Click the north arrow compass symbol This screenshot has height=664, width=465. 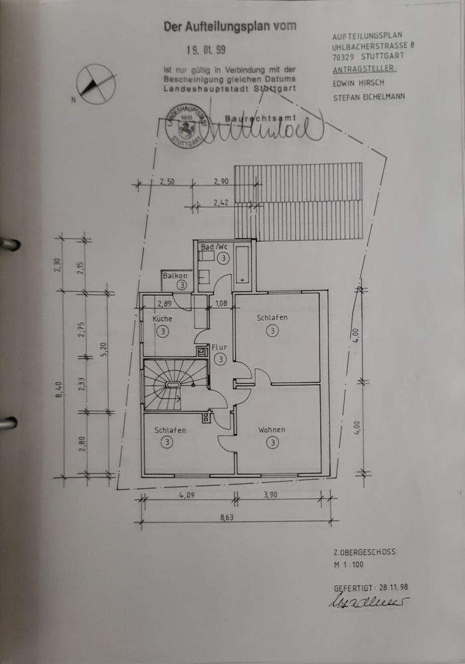coord(95,84)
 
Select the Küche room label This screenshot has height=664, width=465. coord(162,319)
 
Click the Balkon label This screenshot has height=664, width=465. coord(176,275)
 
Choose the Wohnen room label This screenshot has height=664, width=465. coord(272,430)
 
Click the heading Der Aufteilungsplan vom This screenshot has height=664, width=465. coord(230,27)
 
